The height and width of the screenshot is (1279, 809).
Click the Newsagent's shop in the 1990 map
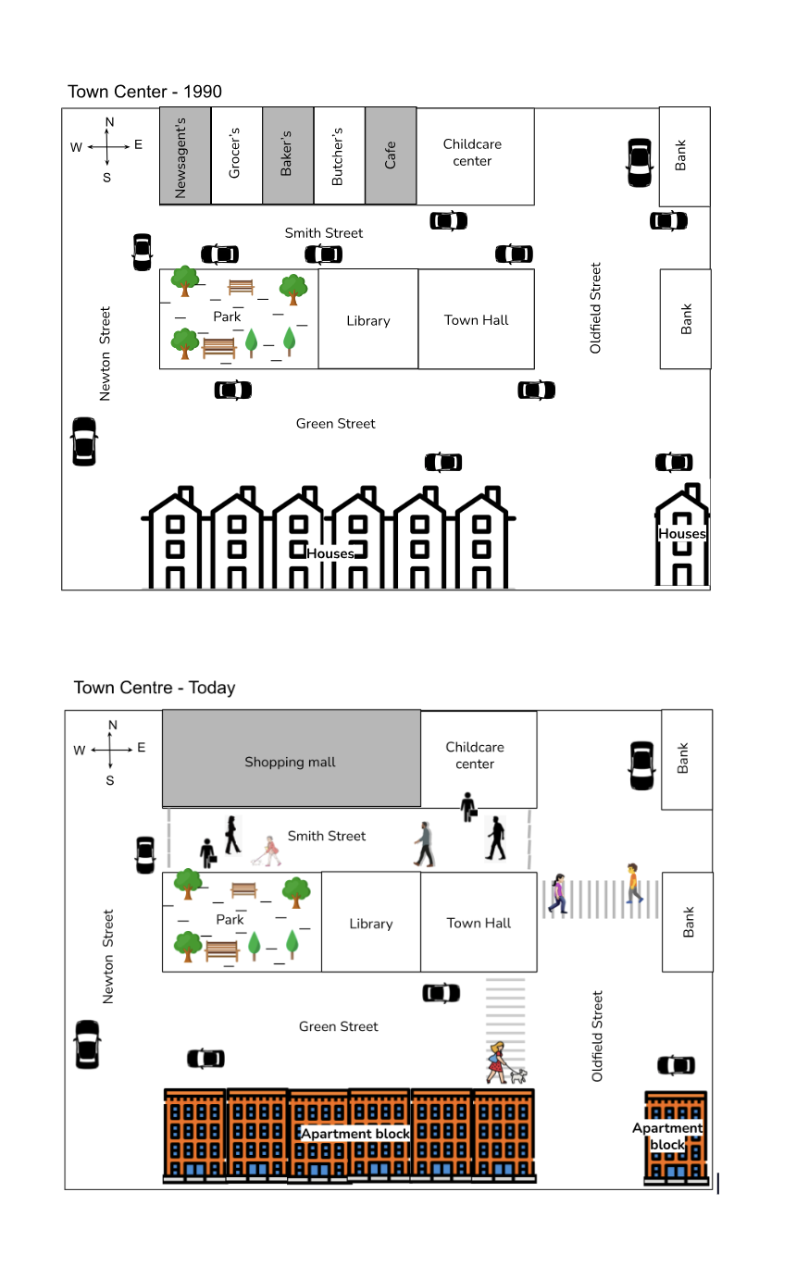(184, 156)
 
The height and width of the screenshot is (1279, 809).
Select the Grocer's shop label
(235, 154)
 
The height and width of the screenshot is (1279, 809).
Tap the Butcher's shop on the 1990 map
(338, 156)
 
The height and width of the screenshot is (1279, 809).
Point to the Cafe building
(391, 155)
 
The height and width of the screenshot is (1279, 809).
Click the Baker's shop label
(287, 154)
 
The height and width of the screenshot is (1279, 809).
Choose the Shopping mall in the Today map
(291, 762)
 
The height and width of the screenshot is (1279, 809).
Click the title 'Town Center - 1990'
(144, 92)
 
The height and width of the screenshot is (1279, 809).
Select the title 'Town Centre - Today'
(155, 688)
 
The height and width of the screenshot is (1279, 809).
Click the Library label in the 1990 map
(368, 321)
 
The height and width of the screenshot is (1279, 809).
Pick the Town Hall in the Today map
(479, 923)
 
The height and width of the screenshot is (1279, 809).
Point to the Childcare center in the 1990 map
(473, 153)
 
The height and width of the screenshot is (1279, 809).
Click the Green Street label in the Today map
(339, 1026)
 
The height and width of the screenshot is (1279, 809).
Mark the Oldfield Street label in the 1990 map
(596, 308)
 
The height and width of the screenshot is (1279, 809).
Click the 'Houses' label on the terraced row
(330, 553)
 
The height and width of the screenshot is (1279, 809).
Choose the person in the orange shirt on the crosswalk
(633, 883)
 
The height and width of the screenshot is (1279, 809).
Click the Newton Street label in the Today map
(108, 957)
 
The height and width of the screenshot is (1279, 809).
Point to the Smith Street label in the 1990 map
(324, 233)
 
